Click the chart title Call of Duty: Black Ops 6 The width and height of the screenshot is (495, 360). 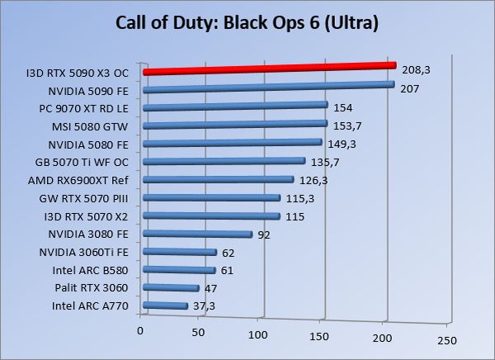[x=247, y=23]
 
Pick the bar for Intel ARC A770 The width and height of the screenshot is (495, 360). [x=165, y=306]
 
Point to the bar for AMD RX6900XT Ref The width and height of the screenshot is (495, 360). [x=218, y=180]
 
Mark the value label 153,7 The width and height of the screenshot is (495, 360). [x=346, y=126]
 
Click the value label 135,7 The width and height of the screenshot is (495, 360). [x=325, y=162]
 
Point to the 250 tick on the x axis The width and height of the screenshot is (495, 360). [x=446, y=340]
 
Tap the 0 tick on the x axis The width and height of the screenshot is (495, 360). [x=140, y=331]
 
